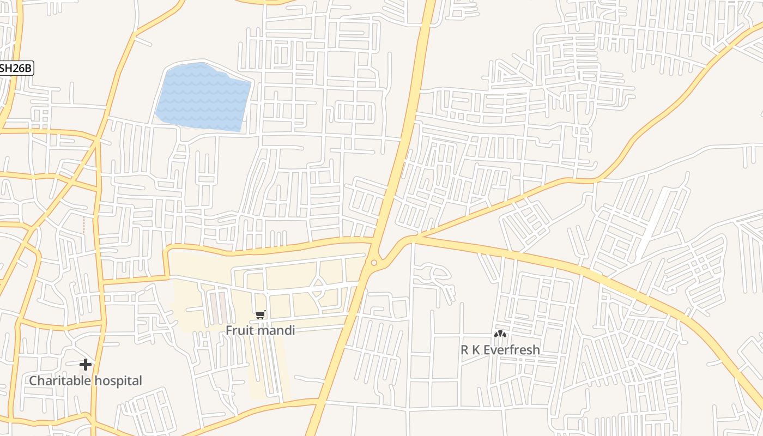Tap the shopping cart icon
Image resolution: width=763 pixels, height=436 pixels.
(261, 315)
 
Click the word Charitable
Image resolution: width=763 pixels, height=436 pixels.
(60, 380)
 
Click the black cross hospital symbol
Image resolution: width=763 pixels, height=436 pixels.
(86, 364)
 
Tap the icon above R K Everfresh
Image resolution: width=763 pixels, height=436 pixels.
(500, 334)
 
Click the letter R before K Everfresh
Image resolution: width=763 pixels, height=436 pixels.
(464, 350)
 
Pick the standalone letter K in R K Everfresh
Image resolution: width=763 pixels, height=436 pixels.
(476, 350)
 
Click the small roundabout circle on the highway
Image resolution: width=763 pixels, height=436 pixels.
(374, 263)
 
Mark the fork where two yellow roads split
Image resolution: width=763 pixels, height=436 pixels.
(414, 239)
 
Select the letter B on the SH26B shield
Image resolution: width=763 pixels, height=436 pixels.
(28, 68)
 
